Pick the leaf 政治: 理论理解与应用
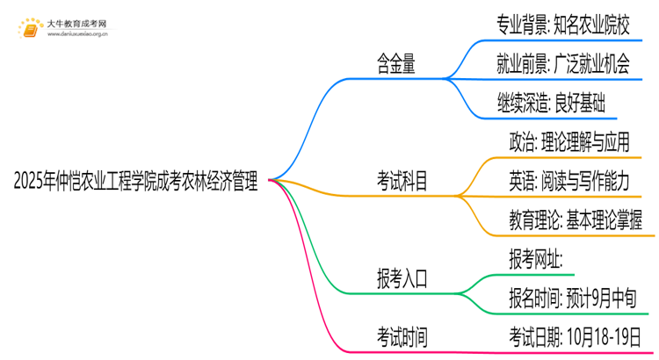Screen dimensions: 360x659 (x=569, y=141)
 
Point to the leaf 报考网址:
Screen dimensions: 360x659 (x=535, y=258)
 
